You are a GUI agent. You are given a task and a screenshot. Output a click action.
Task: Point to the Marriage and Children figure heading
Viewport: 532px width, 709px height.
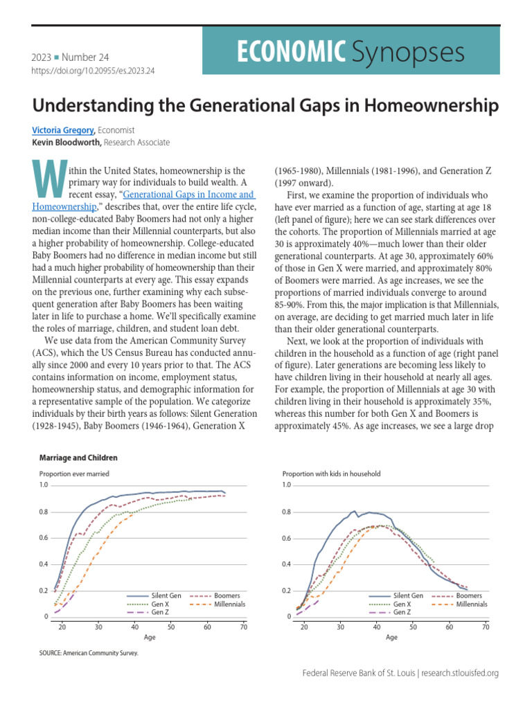pyautogui.click(x=78, y=458)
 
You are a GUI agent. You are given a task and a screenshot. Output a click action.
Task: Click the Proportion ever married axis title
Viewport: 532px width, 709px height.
pyautogui.click(x=74, y=474)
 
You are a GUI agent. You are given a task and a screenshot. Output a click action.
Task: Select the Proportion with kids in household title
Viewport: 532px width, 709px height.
pyautogui.click(x=331, y=474)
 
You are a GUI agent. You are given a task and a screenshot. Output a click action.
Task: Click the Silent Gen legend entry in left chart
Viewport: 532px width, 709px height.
pyautogui.click(x=167, y=595)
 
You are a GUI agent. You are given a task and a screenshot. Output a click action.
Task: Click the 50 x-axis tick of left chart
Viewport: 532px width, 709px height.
pyautogui.click(x=171, y=627)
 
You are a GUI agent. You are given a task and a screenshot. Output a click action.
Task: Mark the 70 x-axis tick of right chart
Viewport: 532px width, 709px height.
pyautogui.click(x=486, y=627)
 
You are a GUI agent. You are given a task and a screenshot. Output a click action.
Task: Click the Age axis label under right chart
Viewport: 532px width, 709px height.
pyautogui.click(x=392, y=638)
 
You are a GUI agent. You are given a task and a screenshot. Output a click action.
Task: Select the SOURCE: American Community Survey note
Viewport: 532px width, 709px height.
pyautogui.click(x=89, y=653)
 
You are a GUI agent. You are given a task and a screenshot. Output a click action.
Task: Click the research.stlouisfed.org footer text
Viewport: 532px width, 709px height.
pyautogui.click(x=460, y=673)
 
